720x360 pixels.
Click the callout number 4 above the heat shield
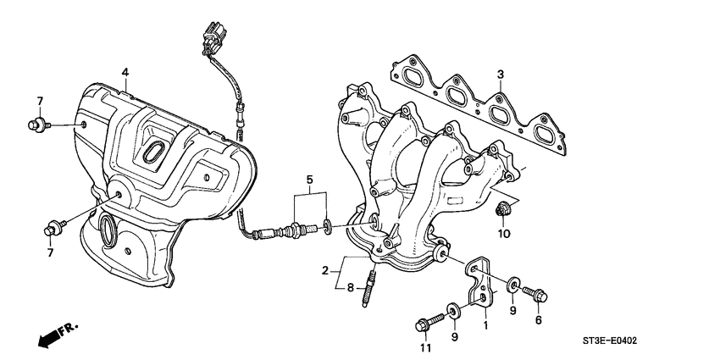(x=125, y=72)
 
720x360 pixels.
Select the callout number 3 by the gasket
(x=501, y=75)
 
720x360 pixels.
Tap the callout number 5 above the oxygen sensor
(x=310, y=180)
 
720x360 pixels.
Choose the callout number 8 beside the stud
(x=350, y=288)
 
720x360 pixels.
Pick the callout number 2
(x=324, y=271)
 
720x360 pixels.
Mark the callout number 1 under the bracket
(x=485, y=325)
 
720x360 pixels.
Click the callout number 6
(x=537, y=320)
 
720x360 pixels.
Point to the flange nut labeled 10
(x=501, y=208)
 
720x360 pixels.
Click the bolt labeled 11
(x=427, y=322)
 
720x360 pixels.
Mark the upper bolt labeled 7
(x=36, y=125)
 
